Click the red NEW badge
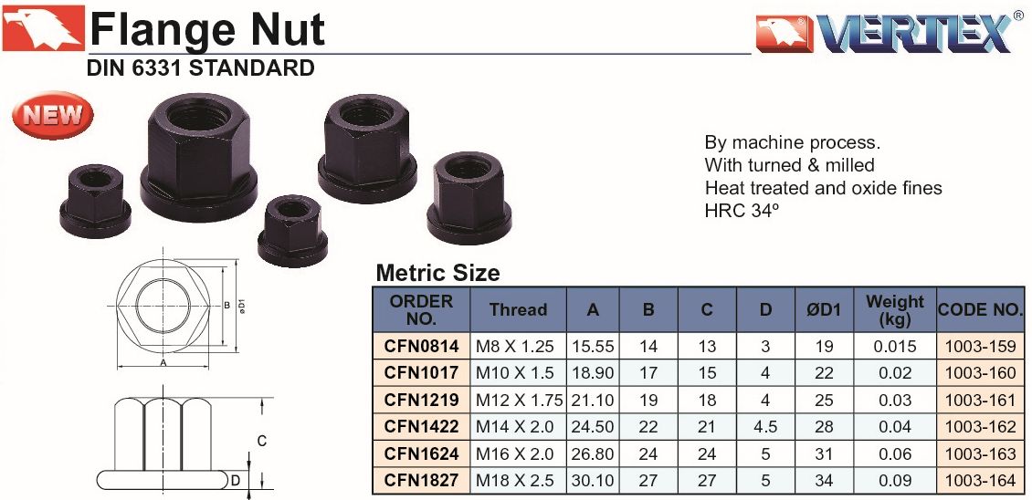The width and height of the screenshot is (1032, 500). click(53, 115)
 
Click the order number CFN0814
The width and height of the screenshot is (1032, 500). click(421, 346)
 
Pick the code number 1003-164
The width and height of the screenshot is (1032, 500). click(980, 481)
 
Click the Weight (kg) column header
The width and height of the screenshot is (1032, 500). click(894, 310)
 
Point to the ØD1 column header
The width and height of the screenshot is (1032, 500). click(824, 310)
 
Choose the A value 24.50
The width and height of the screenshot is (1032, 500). click(593, 427)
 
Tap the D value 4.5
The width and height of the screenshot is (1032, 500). click(764, 427)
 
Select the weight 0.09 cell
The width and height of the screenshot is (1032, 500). click(894, 481)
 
